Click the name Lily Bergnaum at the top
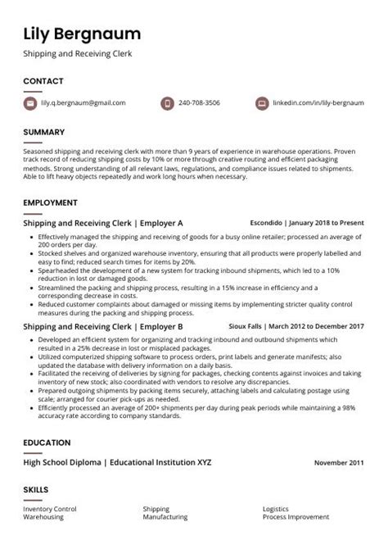pyautogui.click(x=82, y=34)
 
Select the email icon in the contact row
pyautogui.click(x=30, y=103)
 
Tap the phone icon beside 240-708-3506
pyautogui.click(x=167, y=103)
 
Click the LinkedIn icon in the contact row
pyautogui.click(x=262, y=103)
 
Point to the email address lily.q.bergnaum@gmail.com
pyautogui.click(x=83, y=103)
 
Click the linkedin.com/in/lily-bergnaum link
pyautogui.click(x=319, y=103)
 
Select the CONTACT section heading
pyautogui.click(x=43, y=81)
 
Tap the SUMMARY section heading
pyautogui.click(x=45, y=131)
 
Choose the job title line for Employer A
pyautogui.click(x=103, y=223)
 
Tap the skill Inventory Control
pyautogui.click(x=49, y=509)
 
